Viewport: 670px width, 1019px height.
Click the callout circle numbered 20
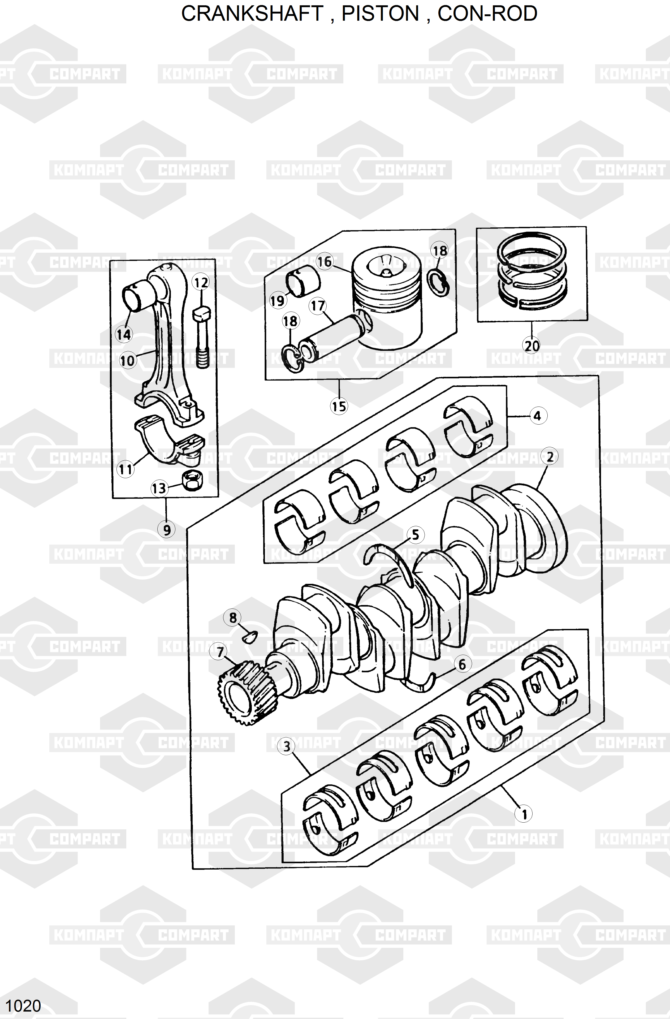[x=532, y=345]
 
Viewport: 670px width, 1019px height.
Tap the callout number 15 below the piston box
[x=339, y=406]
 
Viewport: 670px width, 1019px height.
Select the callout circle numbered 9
[x=167, y=530]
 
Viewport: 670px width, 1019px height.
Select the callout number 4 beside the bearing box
[x=538, y=416]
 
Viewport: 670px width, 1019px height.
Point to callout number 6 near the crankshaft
[x=462, y=664]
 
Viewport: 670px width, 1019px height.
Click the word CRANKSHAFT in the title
[x=252, y=14]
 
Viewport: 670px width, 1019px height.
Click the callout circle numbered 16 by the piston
[x=325, y=261]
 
